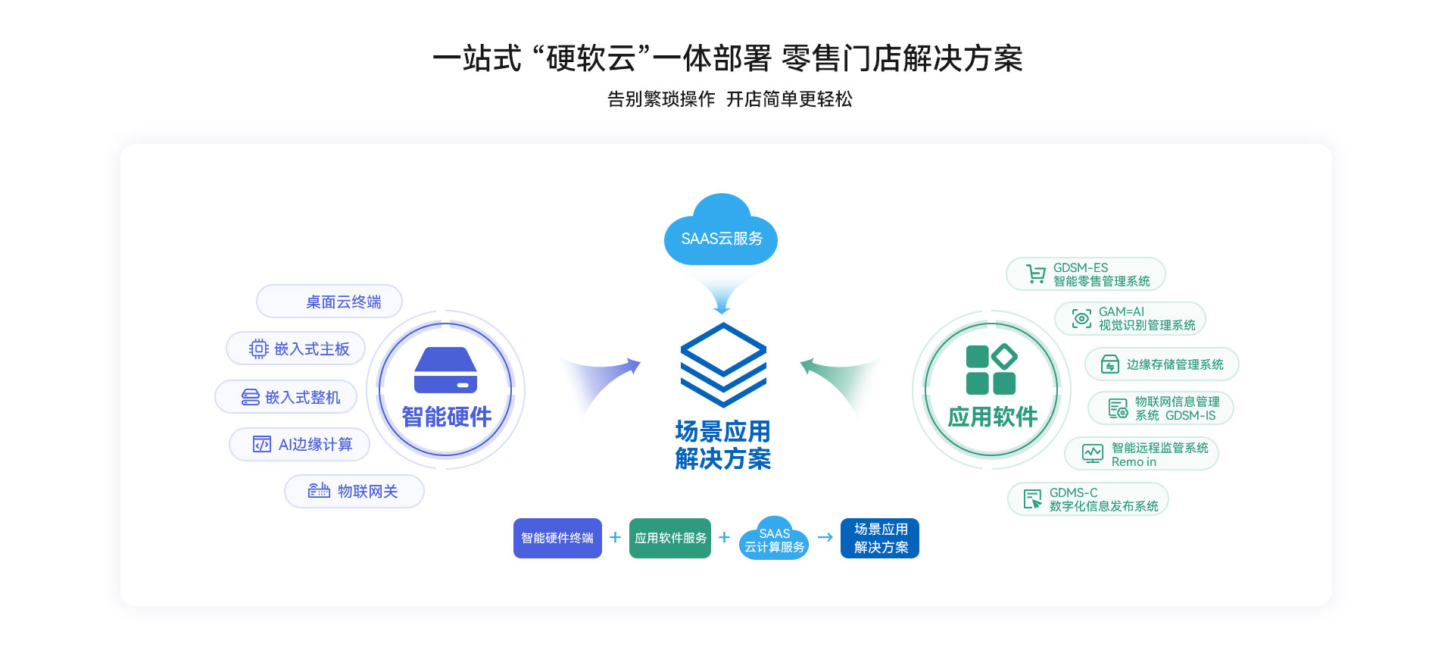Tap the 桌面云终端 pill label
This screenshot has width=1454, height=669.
tap(329, 302)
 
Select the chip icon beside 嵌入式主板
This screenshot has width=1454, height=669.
tap(258, 349)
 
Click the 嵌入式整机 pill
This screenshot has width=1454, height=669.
tap(286, 397)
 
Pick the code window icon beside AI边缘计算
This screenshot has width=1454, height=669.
tap(261, 444)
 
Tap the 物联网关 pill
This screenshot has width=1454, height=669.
tap(354, 491)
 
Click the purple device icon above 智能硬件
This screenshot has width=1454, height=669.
tap(445, 370)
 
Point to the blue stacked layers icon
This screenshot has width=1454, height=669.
tap(723, 364)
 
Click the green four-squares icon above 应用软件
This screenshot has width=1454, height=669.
tap(991, 370)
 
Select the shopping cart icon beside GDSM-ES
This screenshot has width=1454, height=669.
tap(1035, 274)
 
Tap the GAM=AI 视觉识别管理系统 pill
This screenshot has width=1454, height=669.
tap(1130, 318)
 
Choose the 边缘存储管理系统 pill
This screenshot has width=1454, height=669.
tap(1162, 364)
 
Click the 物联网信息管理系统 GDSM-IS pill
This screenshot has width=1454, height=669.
tap(1160, 408)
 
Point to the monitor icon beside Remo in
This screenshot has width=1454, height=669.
tap(1092, 454)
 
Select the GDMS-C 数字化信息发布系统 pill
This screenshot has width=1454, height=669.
tap(1087, 499)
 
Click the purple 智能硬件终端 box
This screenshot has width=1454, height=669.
tap(557, 538)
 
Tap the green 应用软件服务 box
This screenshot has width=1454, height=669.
tap(670, 538)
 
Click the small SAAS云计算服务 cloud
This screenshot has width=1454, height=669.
tap(774, 539)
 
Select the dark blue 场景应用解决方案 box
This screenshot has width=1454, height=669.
tap(880, 538)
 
